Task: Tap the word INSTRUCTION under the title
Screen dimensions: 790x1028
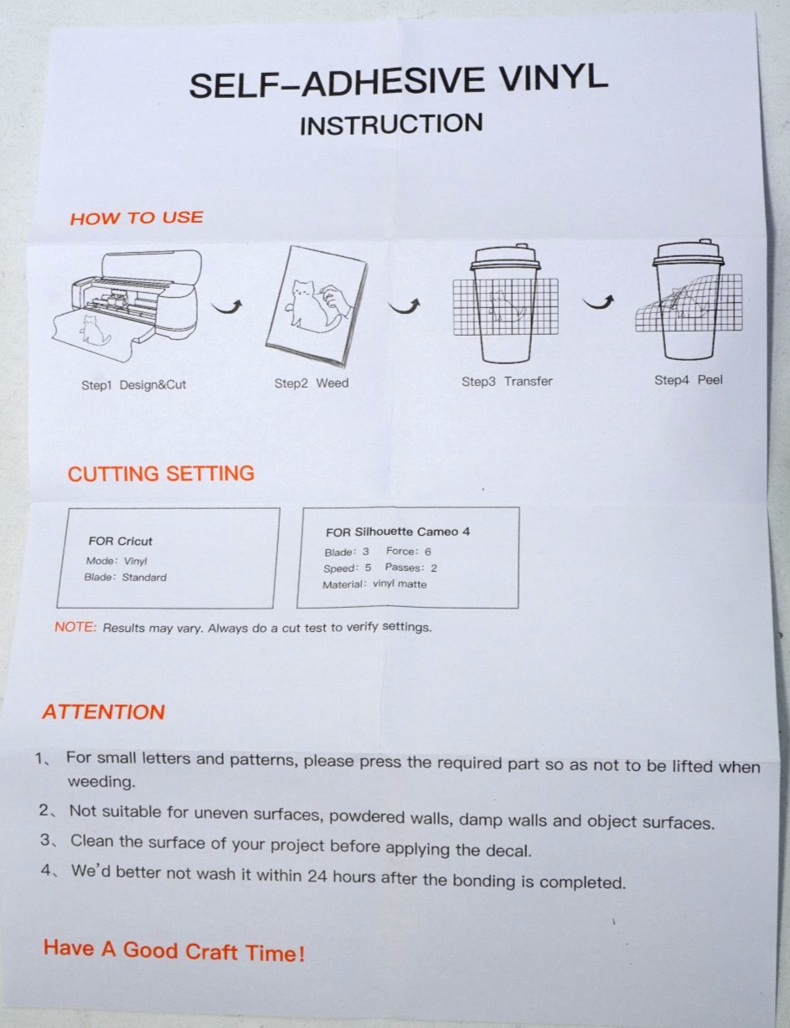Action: pos(391,125)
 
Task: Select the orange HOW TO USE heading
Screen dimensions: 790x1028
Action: pos(137,218)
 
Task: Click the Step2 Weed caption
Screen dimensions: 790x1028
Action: pos(312,383)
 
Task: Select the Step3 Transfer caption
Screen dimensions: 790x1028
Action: pos(507,381)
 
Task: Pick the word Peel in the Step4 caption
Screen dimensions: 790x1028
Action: pos(710,380)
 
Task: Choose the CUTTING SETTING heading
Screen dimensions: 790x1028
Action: pos(161,474)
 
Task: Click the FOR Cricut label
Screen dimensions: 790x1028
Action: pos(121,541)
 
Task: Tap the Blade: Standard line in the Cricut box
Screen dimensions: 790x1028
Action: pos(126,577)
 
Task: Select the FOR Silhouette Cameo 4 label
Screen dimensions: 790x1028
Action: pos(398,532)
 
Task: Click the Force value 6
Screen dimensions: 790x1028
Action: pos(428,552)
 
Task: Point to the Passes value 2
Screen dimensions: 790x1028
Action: pos(434,568)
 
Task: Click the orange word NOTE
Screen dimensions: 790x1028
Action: pos(75,627)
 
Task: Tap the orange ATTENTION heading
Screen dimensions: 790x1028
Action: pos(104,712)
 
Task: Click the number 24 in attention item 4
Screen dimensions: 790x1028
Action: pos(318,876)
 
